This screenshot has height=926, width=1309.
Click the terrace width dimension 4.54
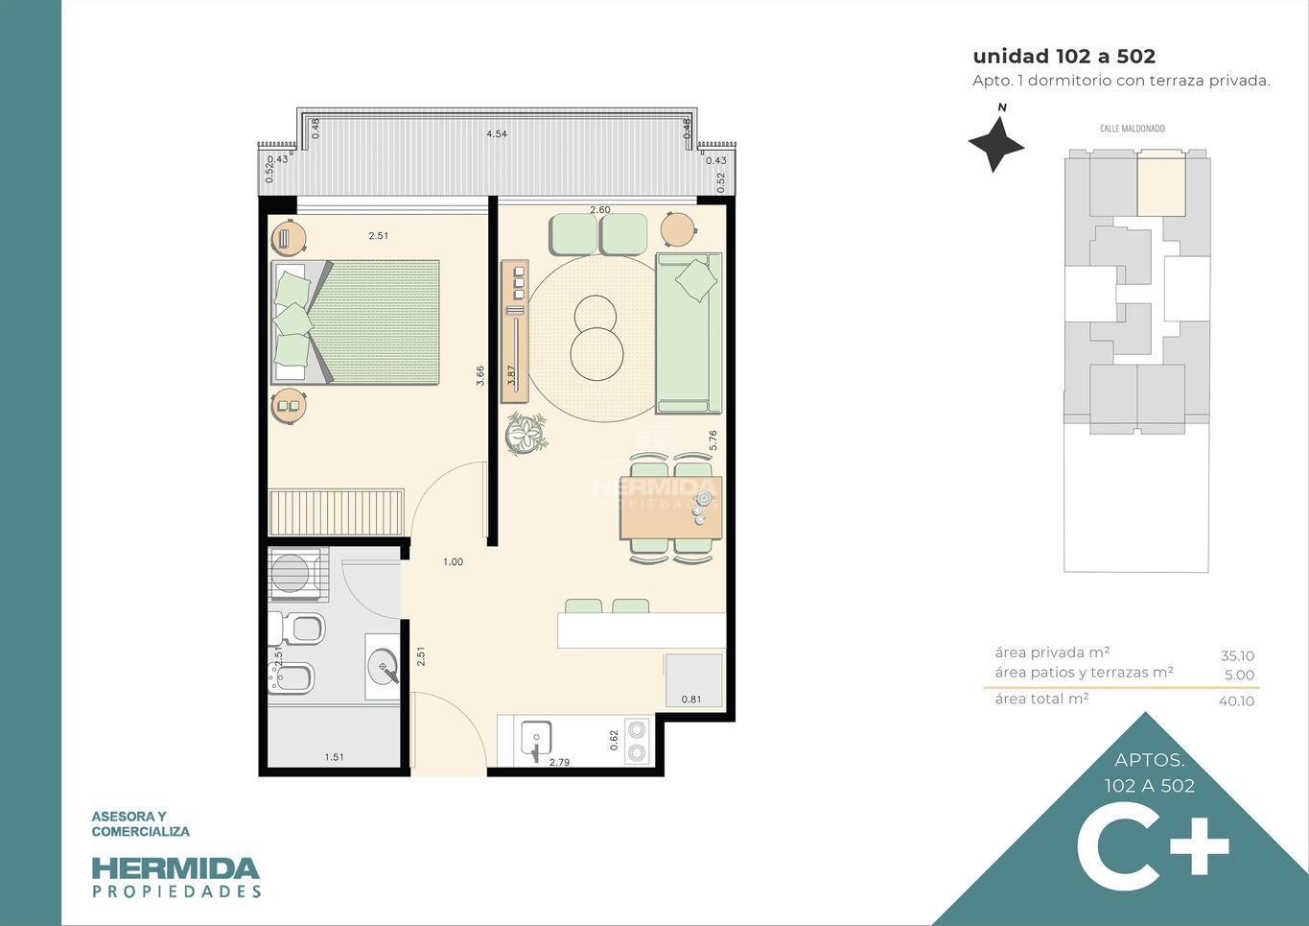(x=496, y=134)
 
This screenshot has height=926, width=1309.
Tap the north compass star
(x=995, y=144)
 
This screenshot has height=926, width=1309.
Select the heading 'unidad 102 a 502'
(x=1064, y=56)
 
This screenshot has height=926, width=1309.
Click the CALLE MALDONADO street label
(x=1132, y=129)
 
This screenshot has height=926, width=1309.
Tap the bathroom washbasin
(x=384, y=667)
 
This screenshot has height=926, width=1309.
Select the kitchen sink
(x=536, y=738)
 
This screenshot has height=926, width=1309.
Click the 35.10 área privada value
(x=1237, y=656)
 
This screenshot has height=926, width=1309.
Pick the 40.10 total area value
(x=1236, y=700)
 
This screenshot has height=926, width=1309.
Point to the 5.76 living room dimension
(x=713, y=440)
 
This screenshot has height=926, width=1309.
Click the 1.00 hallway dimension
(x=453, y=561)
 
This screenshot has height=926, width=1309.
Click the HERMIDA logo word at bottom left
(x=175, y=868)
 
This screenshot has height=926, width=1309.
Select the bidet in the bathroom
(x=291, y=678)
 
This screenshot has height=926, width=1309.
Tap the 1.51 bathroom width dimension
(x=335, y=757)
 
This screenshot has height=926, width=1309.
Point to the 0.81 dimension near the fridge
(x=691, y=700)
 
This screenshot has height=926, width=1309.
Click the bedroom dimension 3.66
(x=480, y=375)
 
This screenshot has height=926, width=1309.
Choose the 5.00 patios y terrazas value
(x=1239, y=676)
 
